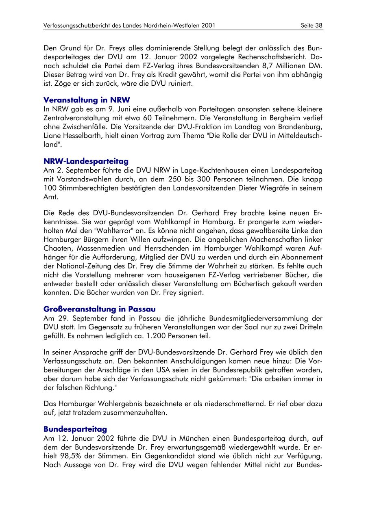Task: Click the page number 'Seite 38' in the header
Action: tap(312, 26)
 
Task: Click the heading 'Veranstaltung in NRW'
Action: tap(87, 100)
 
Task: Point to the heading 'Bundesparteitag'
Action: tap(75, 429)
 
